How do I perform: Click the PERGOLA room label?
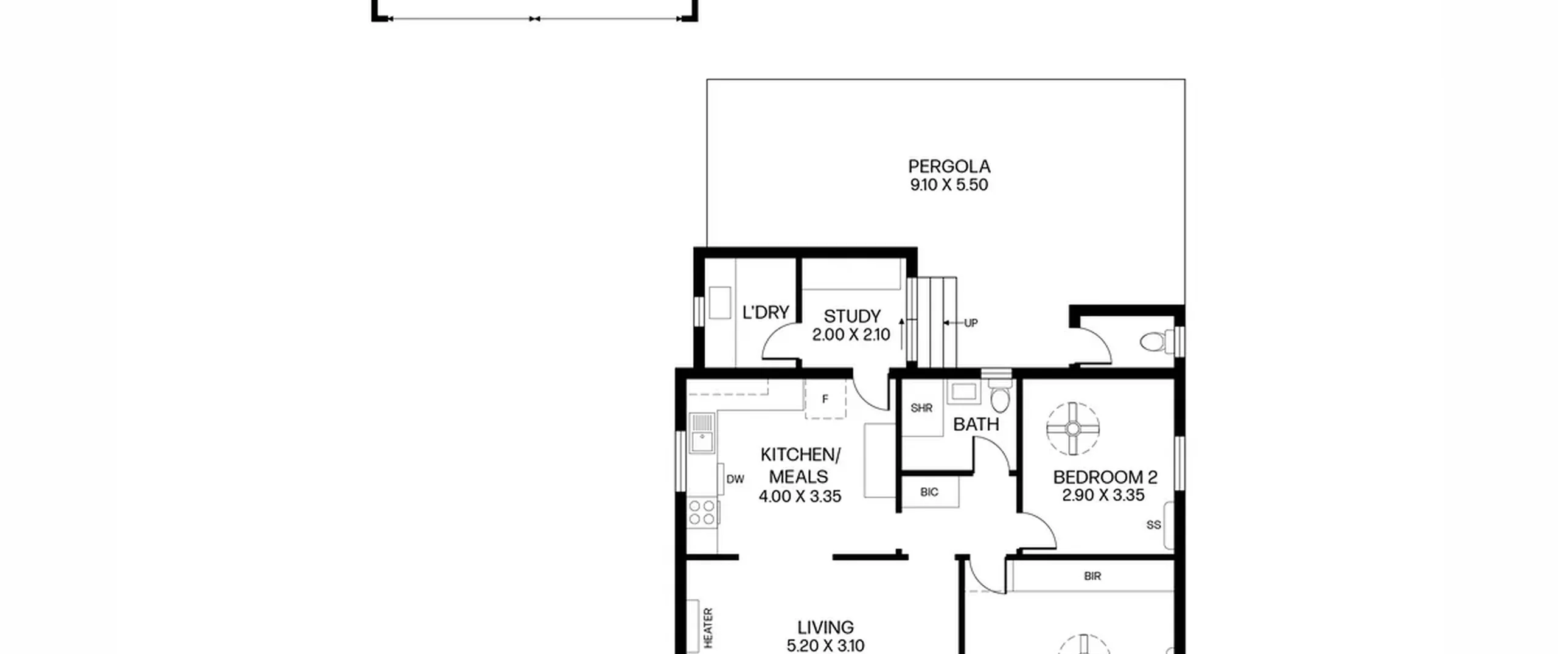tap(949, 166)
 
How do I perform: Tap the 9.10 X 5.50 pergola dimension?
tap(949, 185)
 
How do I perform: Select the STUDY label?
tap(852, 316)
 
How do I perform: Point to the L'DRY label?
tap(766, 312)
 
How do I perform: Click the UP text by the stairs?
tap(971, 323)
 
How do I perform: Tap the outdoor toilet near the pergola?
tap(1156, 341)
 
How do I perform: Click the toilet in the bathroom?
tap(999, 395)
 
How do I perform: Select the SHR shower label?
tap(921, 408)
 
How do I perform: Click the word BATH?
tap(976, 424)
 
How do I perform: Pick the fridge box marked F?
tap(825, 399)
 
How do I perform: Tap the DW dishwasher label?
tap(735, 479)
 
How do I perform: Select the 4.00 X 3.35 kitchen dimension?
tap(800, 496)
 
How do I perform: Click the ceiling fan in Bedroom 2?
tap(1073, 429)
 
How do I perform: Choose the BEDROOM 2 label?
tap(1105, 477)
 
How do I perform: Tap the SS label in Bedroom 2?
tap(1153, 524)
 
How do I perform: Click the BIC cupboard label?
tap(929, 492)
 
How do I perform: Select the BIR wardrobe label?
tap(1092, 576)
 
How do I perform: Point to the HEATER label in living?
tap(708, 627)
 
